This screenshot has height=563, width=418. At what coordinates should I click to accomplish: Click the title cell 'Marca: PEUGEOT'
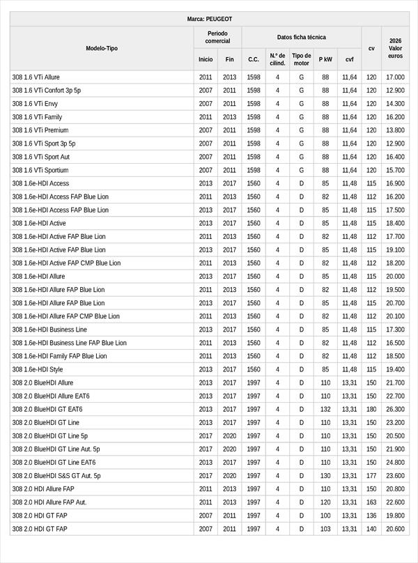[210, 19]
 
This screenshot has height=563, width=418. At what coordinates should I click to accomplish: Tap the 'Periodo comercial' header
[217, 37]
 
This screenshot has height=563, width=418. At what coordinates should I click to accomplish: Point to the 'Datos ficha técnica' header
[301, 37]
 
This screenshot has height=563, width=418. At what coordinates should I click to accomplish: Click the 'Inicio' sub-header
[206, 59]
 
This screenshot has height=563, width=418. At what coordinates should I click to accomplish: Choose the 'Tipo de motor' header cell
[301, 59]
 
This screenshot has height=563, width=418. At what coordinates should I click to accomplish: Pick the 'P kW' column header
[325, 59]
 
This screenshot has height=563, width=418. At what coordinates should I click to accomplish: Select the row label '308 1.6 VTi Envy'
[35, 104]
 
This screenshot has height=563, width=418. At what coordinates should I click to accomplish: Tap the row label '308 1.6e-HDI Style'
[38, 369]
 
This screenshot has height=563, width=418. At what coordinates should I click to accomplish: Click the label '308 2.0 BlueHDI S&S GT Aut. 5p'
[56, 476]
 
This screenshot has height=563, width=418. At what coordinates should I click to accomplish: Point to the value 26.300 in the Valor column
[395, 409]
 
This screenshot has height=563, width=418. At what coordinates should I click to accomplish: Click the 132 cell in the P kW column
[325, 409]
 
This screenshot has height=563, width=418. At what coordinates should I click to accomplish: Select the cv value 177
[371, 476]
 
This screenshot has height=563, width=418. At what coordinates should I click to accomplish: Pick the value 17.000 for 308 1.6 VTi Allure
[395, 77]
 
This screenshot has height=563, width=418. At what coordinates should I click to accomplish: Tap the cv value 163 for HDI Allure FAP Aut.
[371, 502]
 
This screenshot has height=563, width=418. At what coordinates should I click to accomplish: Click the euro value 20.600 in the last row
[395, 529]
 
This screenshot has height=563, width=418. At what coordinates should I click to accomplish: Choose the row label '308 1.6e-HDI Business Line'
[49, 330]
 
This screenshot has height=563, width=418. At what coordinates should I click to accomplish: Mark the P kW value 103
[325, 529]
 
